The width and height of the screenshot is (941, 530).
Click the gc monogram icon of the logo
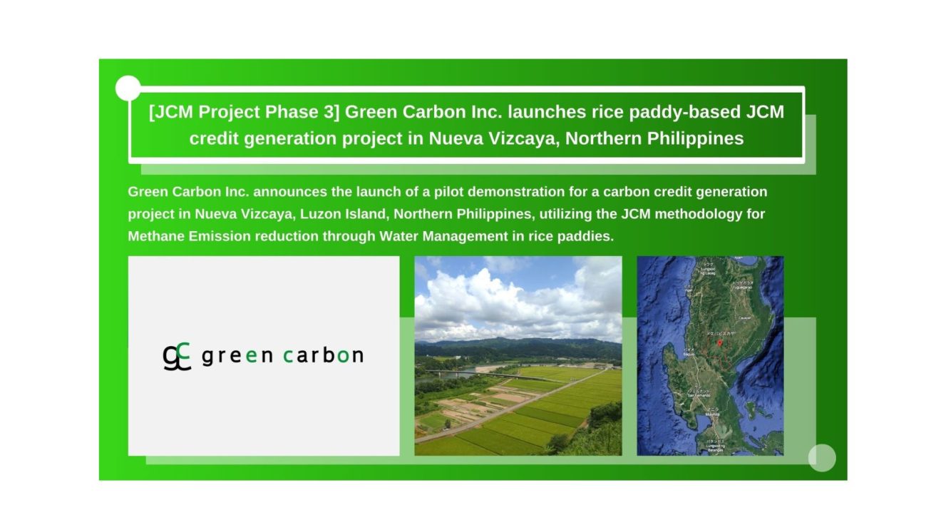coord(177,356)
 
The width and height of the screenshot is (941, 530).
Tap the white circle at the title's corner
coord(128,88)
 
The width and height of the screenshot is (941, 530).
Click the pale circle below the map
coord(822,457)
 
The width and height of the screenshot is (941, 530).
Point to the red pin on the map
coord(719,342)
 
